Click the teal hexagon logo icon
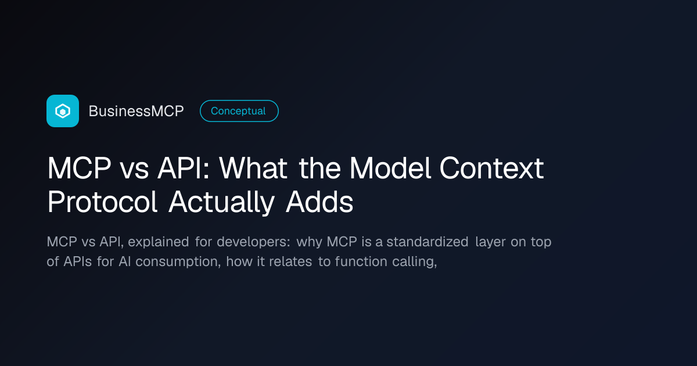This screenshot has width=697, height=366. (x=63, y=111)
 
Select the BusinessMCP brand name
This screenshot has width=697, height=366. (x=136, y=111)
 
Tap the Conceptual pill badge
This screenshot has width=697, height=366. (x=239, y=111)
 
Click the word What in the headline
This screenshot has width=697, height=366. (x=253, y=168)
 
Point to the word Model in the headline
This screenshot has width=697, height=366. (x=390, y=168)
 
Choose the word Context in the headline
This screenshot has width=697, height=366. (x=491, y=168)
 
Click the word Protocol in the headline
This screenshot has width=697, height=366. (x=102, y=202)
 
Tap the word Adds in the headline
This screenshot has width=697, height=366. (x=319, y=202)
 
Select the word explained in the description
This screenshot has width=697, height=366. (x=159, y=242)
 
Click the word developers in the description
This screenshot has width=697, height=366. (x=253, y=242)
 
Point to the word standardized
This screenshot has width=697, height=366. (x=427, y=242)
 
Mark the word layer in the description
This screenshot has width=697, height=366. (x=490, y=242)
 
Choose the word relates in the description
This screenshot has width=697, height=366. (x=290, y=261)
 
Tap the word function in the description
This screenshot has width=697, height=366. (x=361, y=261)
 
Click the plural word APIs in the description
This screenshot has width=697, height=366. (x=77, y=261)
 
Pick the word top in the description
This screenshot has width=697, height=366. (x=541, y=242)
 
